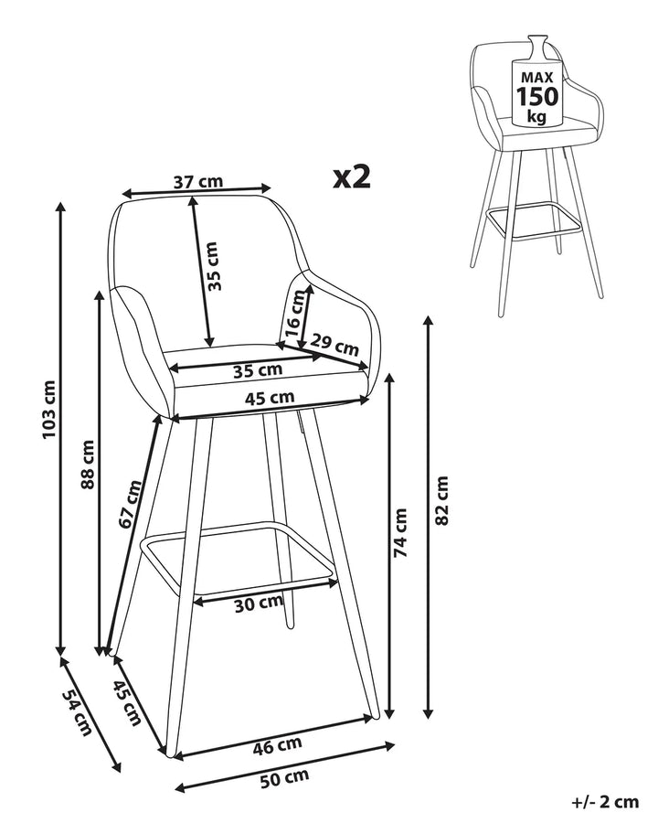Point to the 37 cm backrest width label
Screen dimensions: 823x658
coord(198,181)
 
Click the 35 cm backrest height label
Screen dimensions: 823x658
coord(213,267)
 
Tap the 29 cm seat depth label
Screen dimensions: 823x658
coord(334,346)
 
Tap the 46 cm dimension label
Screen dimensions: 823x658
coord(278,745)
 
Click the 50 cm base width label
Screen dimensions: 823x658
coord(284,778)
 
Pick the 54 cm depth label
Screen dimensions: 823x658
coord(77,711)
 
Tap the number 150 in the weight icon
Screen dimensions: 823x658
coord(536,96)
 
